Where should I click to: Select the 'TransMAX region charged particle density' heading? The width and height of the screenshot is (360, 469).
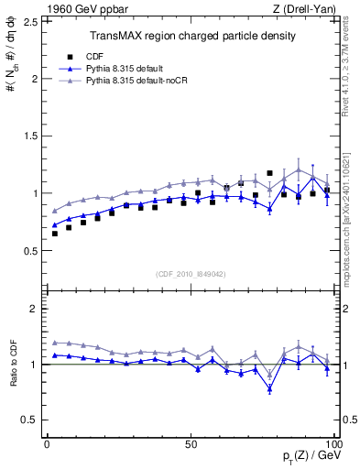(191, 37)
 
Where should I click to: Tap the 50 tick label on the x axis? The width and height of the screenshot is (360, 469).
(191, 443)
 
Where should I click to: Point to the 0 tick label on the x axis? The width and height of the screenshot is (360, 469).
(47, 443)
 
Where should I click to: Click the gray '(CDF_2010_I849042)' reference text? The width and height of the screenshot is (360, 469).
(191, 272)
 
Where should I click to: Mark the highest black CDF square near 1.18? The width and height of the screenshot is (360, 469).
(269, 173)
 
